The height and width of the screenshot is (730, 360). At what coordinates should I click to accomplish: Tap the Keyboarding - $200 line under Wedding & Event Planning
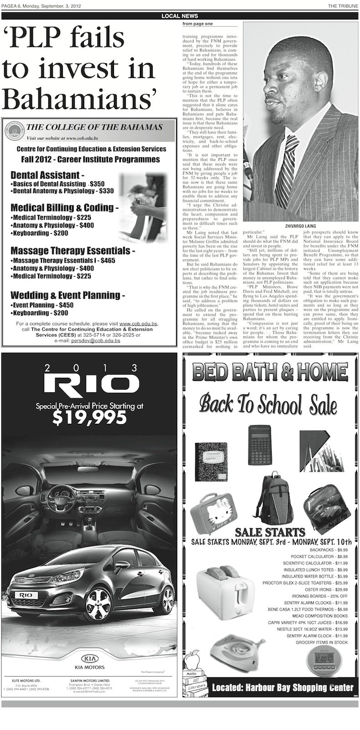click(40, 313)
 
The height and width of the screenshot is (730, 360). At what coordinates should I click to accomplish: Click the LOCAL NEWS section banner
click(180, 16)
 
